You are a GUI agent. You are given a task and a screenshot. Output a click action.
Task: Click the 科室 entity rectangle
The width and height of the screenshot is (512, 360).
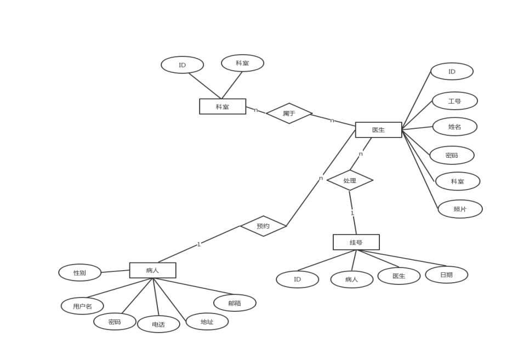pyautogui.click(x=223, y=106)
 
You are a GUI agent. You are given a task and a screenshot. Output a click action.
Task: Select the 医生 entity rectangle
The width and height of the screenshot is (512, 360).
pyautogui.click(x=378, y=130)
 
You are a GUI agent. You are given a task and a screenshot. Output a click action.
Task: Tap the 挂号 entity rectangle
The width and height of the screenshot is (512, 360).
pyautogui.click(x=356, y=242)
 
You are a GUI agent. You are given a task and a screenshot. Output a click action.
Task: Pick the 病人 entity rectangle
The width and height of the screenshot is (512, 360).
pyautogui.click(x=152, y=270)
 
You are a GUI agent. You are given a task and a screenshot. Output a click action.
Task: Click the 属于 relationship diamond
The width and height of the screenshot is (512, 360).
pyautogui.click(x=289, y=113)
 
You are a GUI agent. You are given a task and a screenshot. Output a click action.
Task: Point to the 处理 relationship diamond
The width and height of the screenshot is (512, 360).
pyautogui.click(x=350, y=180)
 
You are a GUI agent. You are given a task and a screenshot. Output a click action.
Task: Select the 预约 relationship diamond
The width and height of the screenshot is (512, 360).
pyautogui.click(x=263, y=226)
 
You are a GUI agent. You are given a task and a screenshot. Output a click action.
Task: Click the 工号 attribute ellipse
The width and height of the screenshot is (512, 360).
pyautogui.click(x=454, y=101)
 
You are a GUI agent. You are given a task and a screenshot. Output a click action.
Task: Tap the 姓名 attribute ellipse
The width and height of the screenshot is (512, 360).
pyautogui.click(x=454, y=127)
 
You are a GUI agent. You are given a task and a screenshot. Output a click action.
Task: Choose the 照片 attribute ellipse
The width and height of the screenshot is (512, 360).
pyautogui.click(x=460, y=209)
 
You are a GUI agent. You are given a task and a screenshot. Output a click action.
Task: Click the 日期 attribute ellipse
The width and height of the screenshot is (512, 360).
pyautogui.click(x=446, y=275)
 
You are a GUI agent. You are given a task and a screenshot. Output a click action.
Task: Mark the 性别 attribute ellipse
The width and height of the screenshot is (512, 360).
pyautogui.click(x=80, y=272)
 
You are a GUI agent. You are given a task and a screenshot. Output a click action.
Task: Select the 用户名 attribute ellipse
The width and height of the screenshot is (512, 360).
pyautogui.click(x=82, y=306)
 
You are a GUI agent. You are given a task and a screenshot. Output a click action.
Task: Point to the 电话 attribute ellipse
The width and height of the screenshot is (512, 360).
pyautogui.click(x=158, y=324)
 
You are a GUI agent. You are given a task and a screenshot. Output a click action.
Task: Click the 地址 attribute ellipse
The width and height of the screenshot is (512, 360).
pyautogui.click(x=207, y=322)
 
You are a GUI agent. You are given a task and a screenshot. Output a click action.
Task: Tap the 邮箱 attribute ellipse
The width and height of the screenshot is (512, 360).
pyautogui.click(x=235, y=303)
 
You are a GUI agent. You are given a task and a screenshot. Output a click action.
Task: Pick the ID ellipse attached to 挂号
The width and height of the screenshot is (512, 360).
pyautogui.click(x=297, y=279)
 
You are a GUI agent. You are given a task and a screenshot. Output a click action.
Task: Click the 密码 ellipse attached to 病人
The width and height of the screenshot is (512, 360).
pyautogui.click(x=115, y=322)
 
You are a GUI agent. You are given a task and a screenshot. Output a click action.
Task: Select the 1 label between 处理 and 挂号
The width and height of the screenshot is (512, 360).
pyautogui.click(x=352, y=213)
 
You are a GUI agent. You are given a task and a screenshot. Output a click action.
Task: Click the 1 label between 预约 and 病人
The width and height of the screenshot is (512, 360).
pyautogui.click(x=198, y=244)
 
